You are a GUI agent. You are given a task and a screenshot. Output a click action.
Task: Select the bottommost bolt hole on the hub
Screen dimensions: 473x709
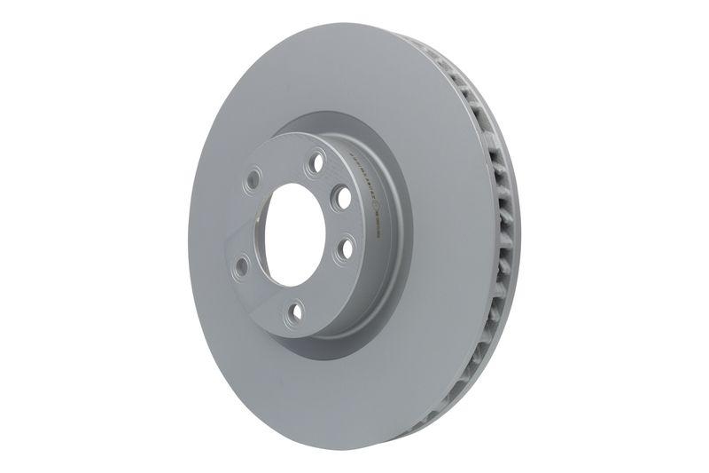pos(297,310)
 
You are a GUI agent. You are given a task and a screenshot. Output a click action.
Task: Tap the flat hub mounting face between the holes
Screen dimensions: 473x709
pos(266,293)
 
